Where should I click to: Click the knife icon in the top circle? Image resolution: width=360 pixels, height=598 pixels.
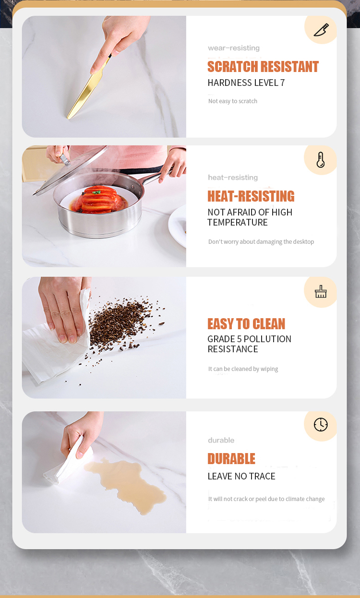[321, 30]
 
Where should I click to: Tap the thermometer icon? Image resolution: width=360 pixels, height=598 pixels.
[321, 160]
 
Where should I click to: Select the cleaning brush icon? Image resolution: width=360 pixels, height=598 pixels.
[321, 291]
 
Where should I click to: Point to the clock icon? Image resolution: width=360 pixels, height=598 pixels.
[321, 424]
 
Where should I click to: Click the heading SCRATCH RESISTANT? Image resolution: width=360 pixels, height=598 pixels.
[263, 67]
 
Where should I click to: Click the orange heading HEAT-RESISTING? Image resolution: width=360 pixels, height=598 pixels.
[251, 196]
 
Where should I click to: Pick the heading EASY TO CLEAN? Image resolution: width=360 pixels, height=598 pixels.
[246, 324]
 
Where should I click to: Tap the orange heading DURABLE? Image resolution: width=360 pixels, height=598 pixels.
[231, 459]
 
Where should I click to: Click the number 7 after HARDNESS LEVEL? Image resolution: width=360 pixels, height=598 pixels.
[282, 83]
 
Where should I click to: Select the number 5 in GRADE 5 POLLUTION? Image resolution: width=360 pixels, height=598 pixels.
[240, 339]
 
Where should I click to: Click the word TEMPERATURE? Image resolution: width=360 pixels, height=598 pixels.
[238, 222]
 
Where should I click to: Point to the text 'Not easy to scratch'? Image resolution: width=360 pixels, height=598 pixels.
[233, 101]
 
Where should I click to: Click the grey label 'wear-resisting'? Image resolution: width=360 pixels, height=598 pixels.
[234, 48]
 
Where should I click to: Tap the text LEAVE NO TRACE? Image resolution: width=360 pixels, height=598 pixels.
[241, 476]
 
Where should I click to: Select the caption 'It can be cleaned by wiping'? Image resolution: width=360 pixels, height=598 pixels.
[243, 369]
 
